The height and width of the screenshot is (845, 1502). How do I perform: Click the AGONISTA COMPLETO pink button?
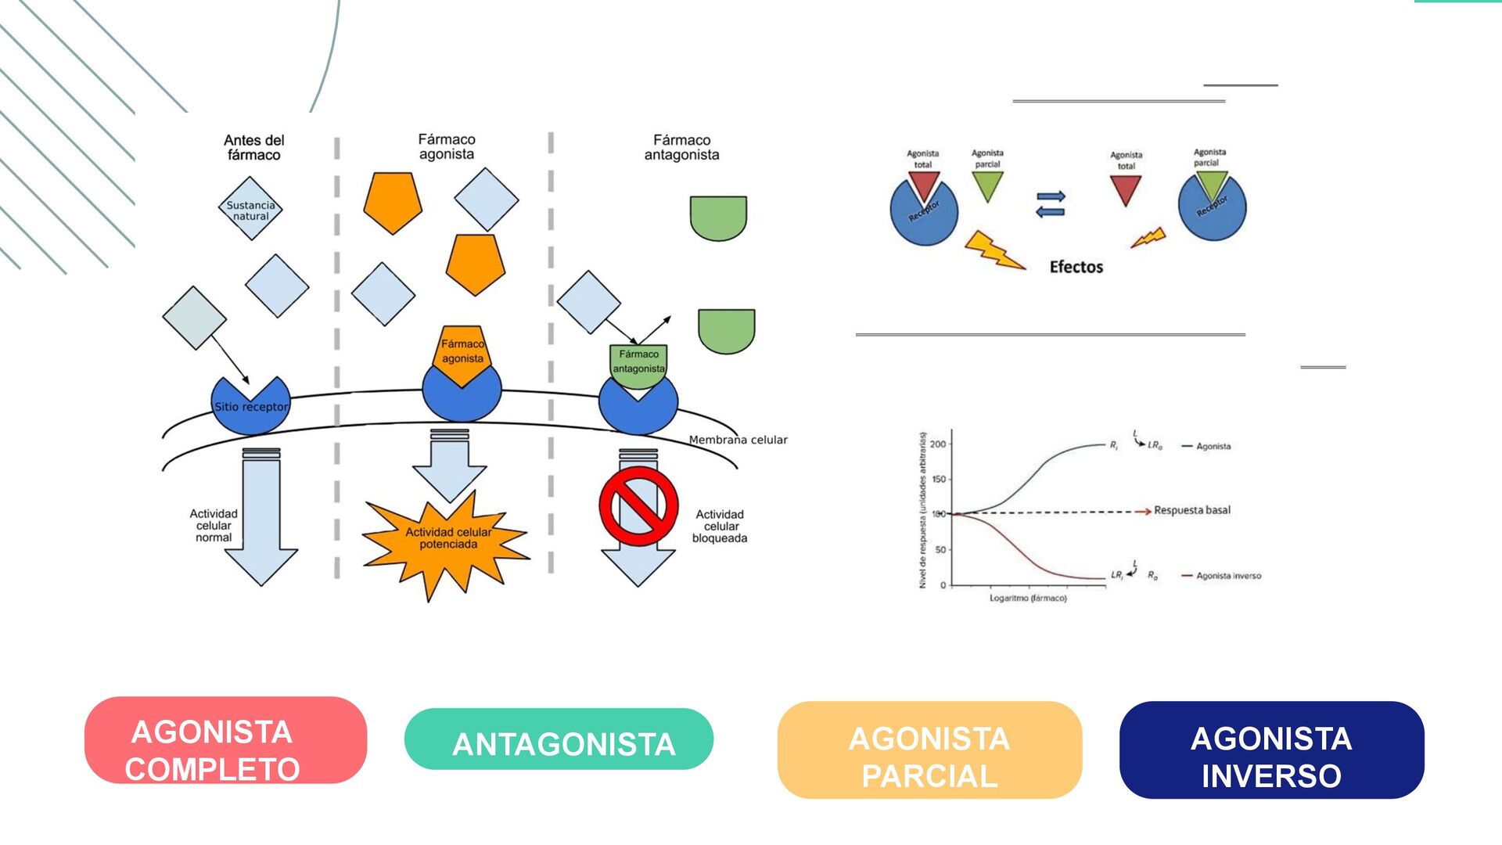(225, 740)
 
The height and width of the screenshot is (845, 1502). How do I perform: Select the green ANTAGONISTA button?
(559, 739)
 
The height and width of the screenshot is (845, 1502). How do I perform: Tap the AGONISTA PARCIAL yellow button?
(929, 750)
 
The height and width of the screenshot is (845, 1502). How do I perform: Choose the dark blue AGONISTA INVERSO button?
(1271, 750)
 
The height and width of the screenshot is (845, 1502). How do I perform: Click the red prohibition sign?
(638, 506)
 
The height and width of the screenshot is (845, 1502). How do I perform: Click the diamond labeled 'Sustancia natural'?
(250, 209)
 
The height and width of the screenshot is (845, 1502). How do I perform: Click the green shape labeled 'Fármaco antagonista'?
(638, 363)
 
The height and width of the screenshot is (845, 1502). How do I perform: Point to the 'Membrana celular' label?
(738, 440)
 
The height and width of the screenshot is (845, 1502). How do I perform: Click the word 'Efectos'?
(1076, 268)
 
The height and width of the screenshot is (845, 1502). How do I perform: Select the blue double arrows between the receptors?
(1050, 203)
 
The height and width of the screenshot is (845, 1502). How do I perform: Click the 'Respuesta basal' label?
(1191, 510)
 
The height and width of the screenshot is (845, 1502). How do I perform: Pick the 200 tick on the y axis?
(938, 444)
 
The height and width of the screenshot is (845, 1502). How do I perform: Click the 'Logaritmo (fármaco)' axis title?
(1028, 599)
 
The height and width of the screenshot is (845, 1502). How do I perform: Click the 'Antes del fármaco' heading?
(253, 147)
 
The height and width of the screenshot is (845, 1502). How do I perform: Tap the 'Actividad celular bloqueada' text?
(720, 527)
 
